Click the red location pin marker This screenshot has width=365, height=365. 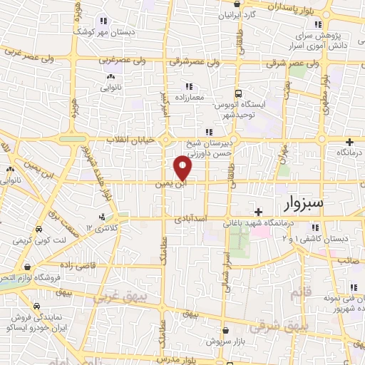coord(183,168)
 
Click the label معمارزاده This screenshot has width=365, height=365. coord(188,97)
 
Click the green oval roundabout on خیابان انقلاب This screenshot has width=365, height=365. coord(73,139)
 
